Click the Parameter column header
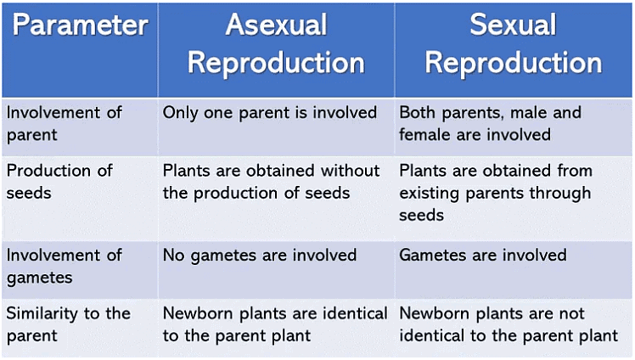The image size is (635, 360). coord(80,25)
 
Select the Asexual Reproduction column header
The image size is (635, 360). coord(276,44)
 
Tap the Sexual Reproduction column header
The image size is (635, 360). coord(513,44)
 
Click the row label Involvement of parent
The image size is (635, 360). coord(65,123)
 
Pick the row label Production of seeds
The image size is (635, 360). coord(59,182)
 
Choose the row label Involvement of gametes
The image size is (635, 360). coord(65,266)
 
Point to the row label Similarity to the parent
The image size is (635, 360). coord(69,324)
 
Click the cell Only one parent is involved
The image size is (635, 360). coord(270,112)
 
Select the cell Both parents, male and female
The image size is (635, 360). coord(490,123)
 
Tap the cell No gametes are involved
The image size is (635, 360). coord(260,255)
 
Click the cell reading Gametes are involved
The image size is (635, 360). coord(482,255)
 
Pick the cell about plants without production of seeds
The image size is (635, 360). coord(271,182)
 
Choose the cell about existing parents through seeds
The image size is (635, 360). coord(496,193)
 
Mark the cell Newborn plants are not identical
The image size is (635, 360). coord(509,324)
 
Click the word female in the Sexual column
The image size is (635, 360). coord(426,134)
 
